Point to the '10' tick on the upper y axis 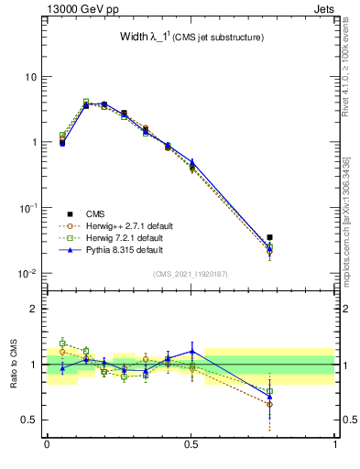click(x=30, y=76)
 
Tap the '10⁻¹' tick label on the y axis click(x=27, y=208)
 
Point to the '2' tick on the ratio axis click(x=34, y=309)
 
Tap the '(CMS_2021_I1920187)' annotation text click(x=191, y=273)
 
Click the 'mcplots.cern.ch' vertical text click(x=348, y=229)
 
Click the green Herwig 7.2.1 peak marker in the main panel click(x=86, y=102)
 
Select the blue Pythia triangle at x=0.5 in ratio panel click(x=191, y=351)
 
